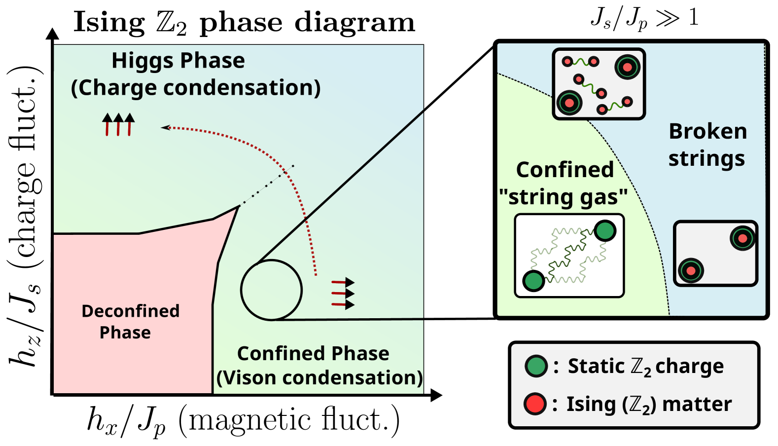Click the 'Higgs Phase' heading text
(178, 61)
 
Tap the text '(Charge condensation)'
(196, 88)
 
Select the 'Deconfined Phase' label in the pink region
(130, 321)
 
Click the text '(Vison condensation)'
(319, 377)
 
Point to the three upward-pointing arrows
(118, 124)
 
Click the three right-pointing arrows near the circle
(343, 294)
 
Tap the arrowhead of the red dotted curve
(165, 128)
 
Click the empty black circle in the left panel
(271, 290)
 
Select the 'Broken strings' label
(707, 145)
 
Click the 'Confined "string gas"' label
(564, 183)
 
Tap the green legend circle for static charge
(536, 366)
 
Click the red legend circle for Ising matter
(535, 404)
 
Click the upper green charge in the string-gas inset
(605, 230)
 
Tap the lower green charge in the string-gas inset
(533, 281)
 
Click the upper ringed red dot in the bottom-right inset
(743, 239)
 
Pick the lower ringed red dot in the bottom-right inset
(691, 270)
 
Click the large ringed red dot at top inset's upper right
(627, 67)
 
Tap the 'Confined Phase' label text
(313, 353)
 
